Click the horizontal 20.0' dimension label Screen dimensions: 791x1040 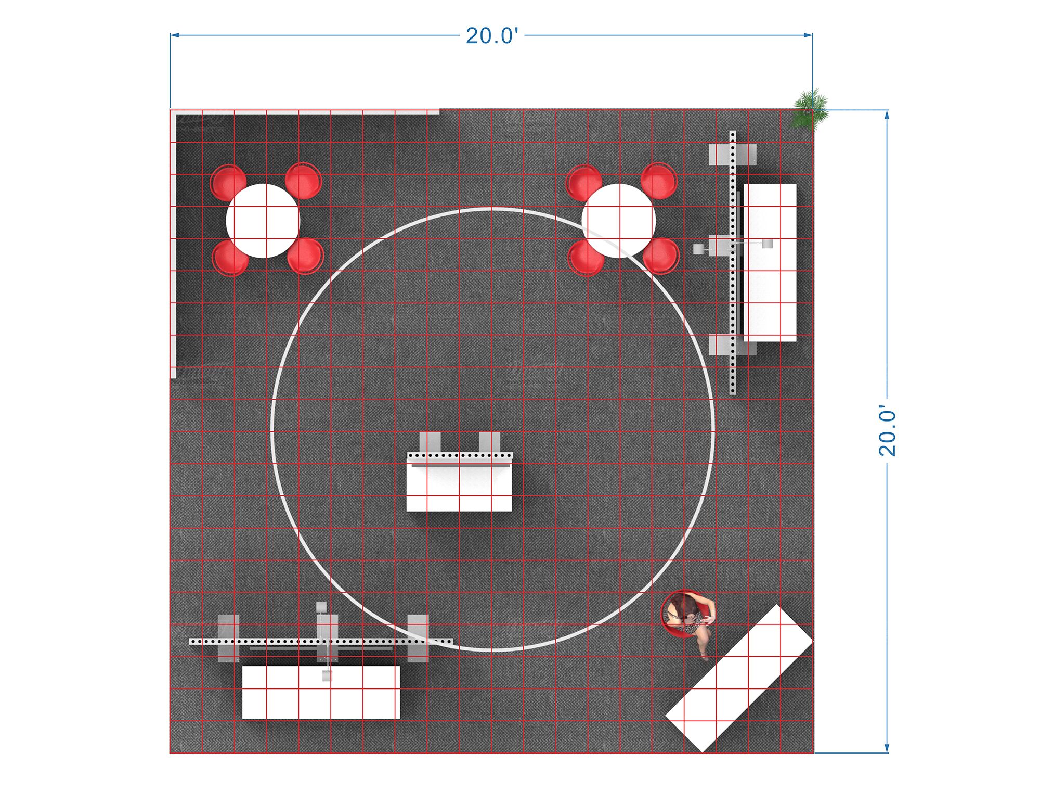coord(491,36)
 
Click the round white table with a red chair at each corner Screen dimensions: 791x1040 coord(263,221)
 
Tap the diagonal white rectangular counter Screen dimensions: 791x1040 coord(738,678)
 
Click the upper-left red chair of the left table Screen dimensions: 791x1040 coord(227,182)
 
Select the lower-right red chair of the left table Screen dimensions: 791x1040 coord(305,255)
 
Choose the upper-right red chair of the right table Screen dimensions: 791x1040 coord(658,181)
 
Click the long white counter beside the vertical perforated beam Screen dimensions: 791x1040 coord(770,263)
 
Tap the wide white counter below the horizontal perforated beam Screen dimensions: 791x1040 coord(321,692)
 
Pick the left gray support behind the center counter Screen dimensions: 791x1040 coord(430,442)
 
